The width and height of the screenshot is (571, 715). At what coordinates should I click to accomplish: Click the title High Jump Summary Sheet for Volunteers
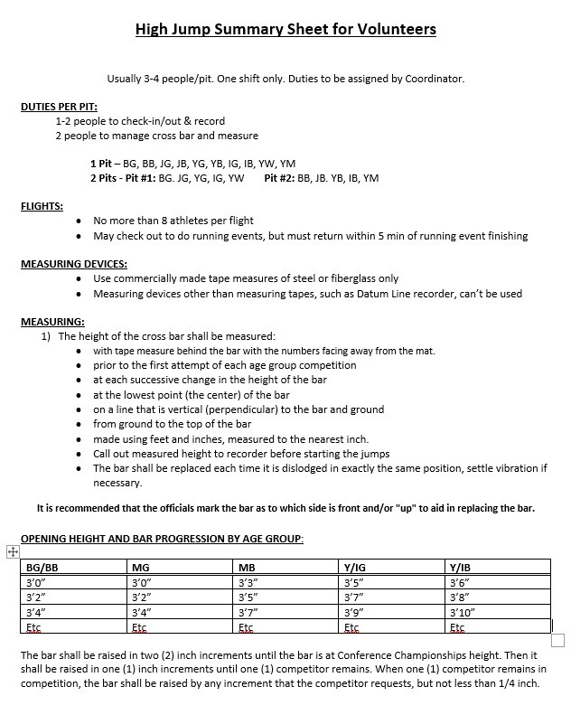pos(285,30)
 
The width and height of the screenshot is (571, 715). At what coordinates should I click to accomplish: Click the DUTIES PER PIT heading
pos(59,107)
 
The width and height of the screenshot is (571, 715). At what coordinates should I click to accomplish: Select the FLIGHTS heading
pos(42,206)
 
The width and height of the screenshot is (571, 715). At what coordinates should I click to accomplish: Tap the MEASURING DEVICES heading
pos(73,264)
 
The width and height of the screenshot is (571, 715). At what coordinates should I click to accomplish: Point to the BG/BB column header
pos(42,568)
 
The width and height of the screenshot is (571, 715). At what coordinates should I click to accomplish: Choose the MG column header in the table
pos(141,568)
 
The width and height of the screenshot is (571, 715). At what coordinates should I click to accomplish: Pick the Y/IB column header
pos(459,568)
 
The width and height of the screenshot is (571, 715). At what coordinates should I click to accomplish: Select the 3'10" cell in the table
pos(463,612)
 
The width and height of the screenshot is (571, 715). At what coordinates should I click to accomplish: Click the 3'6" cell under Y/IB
pos(458,583)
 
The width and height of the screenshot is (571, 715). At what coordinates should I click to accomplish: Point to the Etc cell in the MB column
pos(245,626)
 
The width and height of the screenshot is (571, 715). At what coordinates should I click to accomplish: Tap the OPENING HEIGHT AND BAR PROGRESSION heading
pos(162,539)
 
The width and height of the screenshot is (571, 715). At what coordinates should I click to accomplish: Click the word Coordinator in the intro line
pos(435,79)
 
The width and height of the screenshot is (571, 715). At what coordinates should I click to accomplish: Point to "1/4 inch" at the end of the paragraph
pos(517,683)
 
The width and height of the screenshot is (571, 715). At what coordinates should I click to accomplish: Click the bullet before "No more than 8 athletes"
pos(83,221)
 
